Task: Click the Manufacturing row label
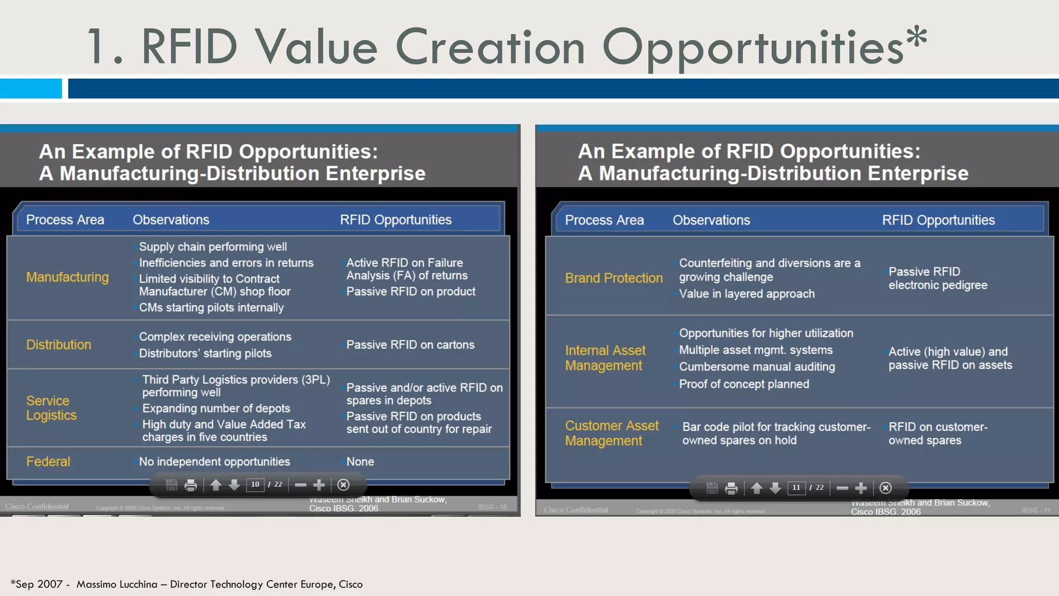67,277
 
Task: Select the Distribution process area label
58,345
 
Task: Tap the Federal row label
48,461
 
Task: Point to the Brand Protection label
613,278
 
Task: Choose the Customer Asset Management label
611,433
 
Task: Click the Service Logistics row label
51,408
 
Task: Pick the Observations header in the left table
171,220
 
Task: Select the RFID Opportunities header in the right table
938,220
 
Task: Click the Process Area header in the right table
604,220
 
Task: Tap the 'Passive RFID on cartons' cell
410,345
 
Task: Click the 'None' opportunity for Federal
360,461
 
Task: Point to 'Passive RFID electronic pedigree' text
937,278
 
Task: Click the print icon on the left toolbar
191,485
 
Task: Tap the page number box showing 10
255,485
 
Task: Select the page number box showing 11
796,488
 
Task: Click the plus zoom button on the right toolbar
861,488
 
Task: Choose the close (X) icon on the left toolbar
343,485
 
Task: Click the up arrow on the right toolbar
757,488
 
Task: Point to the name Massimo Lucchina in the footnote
117,584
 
